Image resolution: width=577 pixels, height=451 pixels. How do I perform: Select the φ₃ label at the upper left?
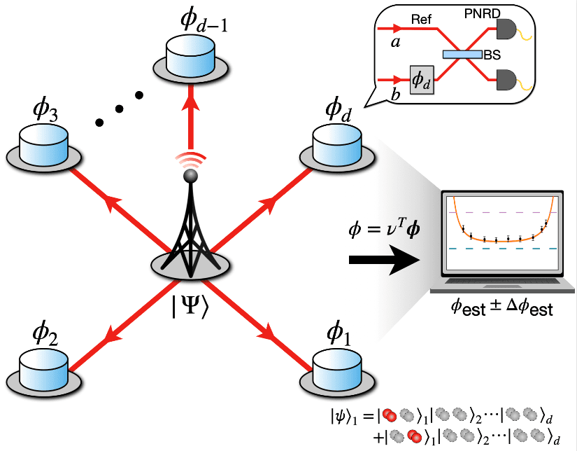(43, 113)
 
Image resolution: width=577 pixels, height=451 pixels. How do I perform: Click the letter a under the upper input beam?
(394, 43)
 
